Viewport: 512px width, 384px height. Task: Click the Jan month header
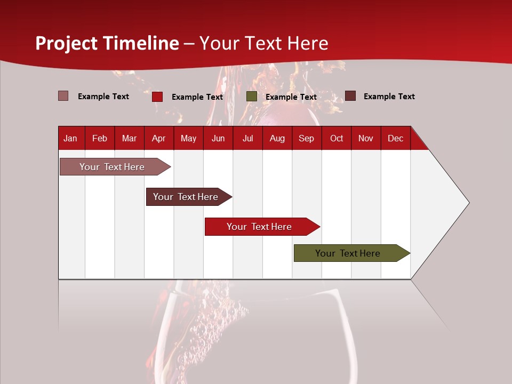[x=70, y=139]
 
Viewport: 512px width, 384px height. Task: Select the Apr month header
[x=158, y=139]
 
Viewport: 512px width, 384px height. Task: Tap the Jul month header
[x=247, y=139]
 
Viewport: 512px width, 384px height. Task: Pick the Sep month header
[x=306, y=139]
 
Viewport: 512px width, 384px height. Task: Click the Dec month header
[x=395, y=139]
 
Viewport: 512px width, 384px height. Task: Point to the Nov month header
[x=365, y=139]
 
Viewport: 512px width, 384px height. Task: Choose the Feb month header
[x=100, y=139]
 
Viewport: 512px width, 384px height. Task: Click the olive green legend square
[x=252, y=97]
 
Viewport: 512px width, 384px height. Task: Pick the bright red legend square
[x=157, y=97]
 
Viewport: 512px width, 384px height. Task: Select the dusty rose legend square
[x=63, y=96]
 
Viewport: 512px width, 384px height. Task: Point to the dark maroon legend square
[x=350, y=96]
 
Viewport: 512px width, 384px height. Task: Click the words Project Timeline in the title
[x=107, y=43]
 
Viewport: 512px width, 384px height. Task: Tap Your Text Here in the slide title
[x=263, y=43]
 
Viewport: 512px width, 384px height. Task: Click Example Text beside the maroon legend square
[x=389, y=97]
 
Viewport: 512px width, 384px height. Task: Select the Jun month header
[x=218, y=139]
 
